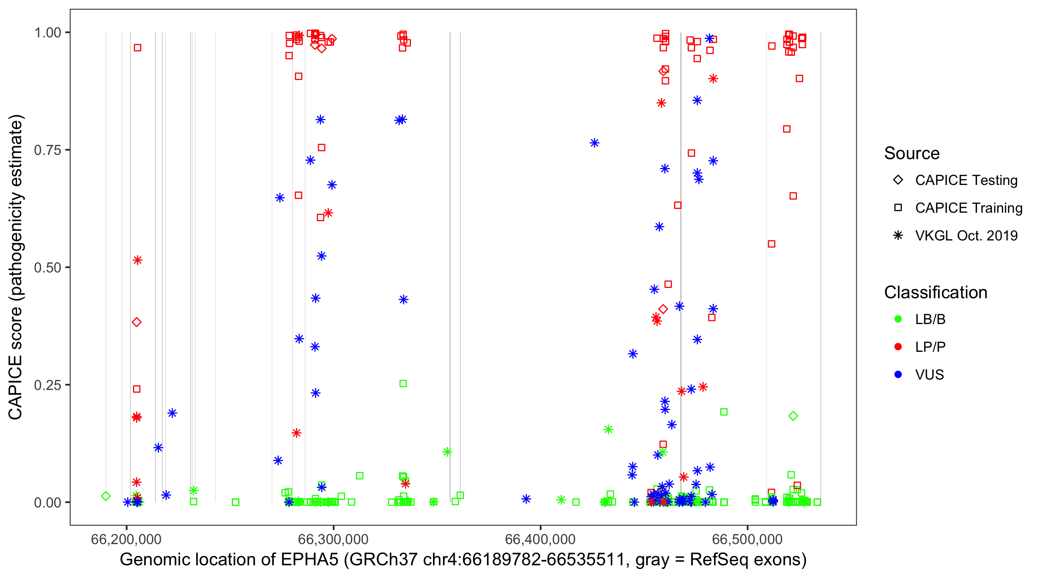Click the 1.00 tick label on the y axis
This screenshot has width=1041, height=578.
coord(47,32)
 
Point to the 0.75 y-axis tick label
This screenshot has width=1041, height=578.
coord(47,150)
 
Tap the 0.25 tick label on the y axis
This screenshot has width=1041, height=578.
coord(47,385)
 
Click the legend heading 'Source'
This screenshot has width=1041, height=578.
coord(912,153)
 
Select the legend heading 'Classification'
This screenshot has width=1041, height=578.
coord(935,292)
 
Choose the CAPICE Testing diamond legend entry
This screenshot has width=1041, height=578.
coord(898,180)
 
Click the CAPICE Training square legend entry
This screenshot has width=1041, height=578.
coord(898,208)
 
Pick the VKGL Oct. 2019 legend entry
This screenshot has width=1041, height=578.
coord(898,235)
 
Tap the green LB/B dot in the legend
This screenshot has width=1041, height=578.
coord(898,319)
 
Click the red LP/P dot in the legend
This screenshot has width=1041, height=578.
coord(898,347)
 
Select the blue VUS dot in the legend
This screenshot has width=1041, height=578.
coord(898,375)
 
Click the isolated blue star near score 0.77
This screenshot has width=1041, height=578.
coord(595,143)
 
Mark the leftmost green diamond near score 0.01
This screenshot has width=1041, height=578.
coord(106,496)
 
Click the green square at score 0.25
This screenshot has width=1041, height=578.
coord(403,384)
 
